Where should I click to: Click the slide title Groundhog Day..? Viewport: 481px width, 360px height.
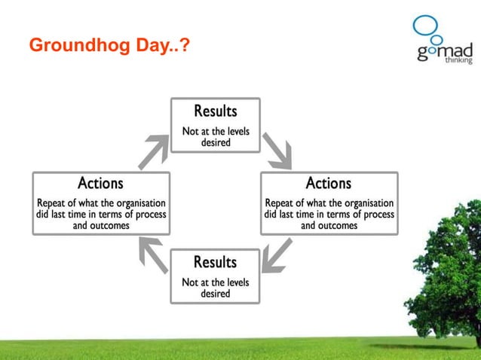(x=109, y=47)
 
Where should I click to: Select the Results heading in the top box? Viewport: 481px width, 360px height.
(x=215, y=111)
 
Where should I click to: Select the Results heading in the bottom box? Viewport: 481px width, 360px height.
(x=215, y=262)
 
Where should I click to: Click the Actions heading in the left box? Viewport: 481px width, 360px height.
(x=100, y=183)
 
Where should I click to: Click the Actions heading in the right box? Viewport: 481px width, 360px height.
(x=328, y=183)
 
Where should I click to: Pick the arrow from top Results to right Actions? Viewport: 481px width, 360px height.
(x=277, y=151)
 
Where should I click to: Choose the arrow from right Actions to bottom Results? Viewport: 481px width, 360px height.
(x=277, y=255)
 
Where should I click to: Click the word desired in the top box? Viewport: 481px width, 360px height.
(x=215, y=142)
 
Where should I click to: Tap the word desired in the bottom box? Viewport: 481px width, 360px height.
(x=215, y=294)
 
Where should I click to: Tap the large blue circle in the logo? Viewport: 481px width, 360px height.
(x=425, y=24)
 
